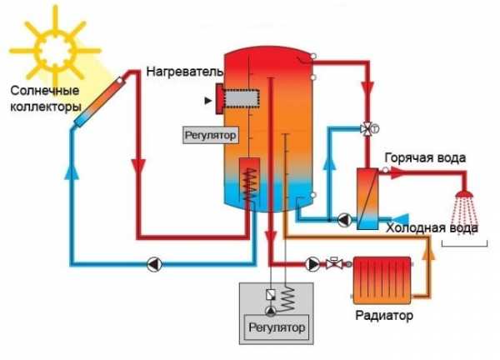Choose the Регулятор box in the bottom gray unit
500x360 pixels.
point(275,326)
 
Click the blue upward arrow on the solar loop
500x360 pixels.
point(69,173)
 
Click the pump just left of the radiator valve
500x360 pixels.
point(312,264)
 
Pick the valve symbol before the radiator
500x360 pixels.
point(332,264)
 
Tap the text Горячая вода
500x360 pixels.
point(424,157)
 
